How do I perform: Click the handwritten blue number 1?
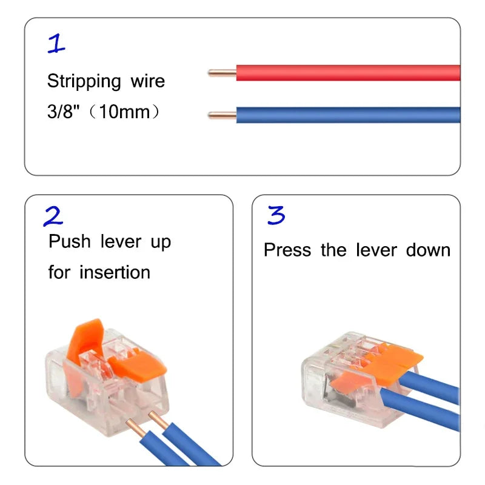[57, 44]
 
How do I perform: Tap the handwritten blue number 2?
[53, 216]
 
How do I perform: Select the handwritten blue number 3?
[276, 216]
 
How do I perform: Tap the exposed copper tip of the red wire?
[221, 73]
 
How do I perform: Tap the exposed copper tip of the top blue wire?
[221, 115]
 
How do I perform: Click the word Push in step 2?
[69, 241]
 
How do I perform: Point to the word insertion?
[115, 272]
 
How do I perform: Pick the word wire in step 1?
[147, 81]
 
